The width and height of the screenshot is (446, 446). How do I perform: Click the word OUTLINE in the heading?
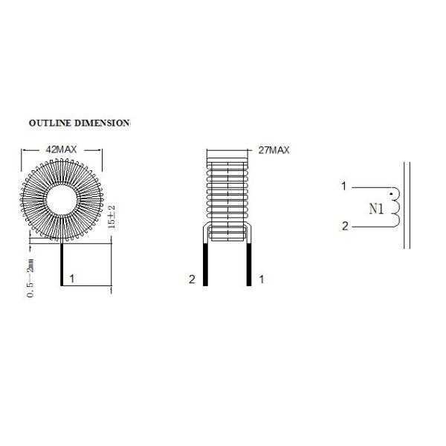pos(50,123)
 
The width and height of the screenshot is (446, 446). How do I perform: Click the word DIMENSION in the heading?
pos(102,123)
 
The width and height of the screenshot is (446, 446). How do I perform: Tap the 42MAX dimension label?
pos(62,149)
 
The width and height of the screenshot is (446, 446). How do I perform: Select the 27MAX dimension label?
pos(274,150)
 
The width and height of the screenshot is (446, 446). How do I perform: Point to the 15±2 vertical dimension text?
pos(111,217)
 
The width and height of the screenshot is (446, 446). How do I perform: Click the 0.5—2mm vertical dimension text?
pos(30,278)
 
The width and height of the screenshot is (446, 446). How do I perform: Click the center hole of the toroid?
pos(62,200)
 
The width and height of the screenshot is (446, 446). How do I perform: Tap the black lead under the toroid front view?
pos(62,265)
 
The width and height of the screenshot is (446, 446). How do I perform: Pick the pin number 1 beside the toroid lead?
pos(72,279)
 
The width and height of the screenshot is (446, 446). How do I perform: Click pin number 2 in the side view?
pos(192,279)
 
